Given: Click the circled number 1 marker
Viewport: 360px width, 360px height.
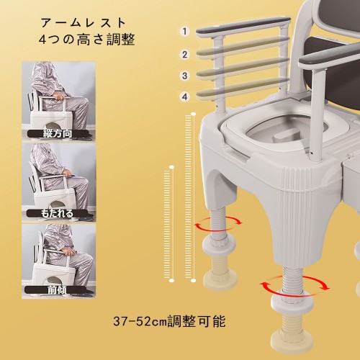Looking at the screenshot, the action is [184, 31].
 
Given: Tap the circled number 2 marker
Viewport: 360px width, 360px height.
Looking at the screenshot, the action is [184, 55].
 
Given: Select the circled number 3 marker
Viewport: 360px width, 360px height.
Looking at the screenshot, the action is [184, 76].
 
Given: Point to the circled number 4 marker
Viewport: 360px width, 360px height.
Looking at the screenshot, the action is [184, 96].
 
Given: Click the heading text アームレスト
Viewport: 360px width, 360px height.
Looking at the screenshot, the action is [83, 23].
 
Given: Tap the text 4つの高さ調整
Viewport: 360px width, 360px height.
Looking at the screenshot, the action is [86, 40].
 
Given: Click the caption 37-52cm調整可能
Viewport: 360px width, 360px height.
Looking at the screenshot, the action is [169, 321].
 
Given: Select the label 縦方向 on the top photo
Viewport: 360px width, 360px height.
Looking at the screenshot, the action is [58, 133].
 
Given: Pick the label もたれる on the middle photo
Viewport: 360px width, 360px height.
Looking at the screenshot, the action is [57, 213].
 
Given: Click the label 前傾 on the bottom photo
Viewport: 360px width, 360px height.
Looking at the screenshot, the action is [56, 290].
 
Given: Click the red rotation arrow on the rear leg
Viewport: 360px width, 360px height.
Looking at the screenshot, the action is [218, 224].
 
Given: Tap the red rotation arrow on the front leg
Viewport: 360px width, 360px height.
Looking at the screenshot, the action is [294, 285].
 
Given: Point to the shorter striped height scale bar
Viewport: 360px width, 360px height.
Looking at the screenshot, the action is [168, 224].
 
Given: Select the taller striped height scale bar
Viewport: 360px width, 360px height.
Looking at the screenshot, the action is [189, 197].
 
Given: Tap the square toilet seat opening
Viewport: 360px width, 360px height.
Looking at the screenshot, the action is [286, 131].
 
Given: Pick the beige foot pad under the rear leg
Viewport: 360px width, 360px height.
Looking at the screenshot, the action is [220, 279].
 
